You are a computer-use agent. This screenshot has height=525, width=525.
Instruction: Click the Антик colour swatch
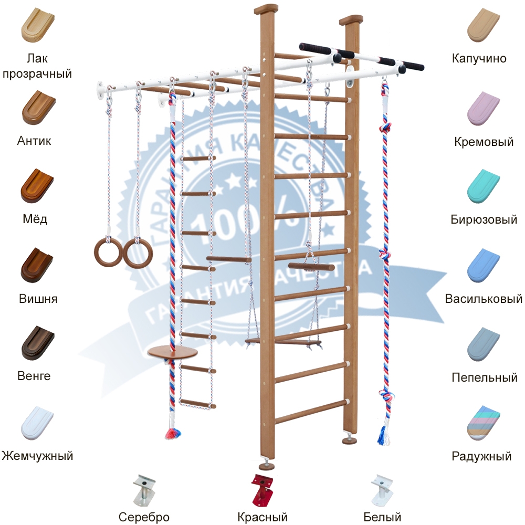(x=36, y=107)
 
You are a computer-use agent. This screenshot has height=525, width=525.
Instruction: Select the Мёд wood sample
(x=36, y=186)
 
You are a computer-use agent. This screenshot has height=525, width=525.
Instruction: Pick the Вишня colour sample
(x=36, y=265)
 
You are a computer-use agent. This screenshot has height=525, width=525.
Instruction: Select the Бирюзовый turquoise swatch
(x=486, y=186)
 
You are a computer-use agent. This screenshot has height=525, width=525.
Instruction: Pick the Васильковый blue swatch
(x=486, y=265)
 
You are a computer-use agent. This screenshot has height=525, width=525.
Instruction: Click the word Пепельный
(x=485, y=377)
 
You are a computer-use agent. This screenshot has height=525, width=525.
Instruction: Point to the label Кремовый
(x=484, y=142)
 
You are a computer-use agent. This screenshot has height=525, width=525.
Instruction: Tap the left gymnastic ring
(x=108, y=252)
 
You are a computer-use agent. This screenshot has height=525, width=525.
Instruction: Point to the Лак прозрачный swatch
(x=36, y=26)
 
